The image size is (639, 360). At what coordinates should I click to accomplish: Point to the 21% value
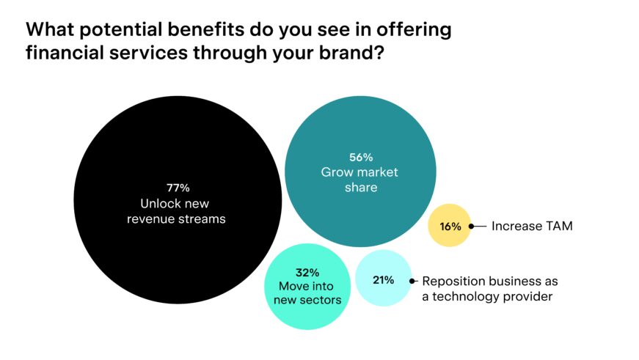pos(383,279)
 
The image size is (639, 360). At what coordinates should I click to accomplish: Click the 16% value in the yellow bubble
pos(450,226)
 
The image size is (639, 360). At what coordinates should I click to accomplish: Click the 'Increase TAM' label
pos(532,226)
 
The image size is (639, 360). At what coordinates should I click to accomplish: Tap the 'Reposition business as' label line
pos(490,281)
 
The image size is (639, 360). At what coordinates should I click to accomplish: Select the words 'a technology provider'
pos(486,297)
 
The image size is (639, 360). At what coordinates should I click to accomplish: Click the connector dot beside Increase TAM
pos(471,227)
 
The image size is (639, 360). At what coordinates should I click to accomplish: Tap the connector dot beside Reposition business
pos(413,281)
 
